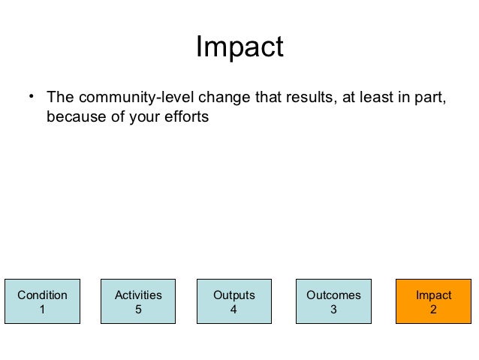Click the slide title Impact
coord(239,47)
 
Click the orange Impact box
coord(433,302)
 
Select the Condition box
coord(42,302)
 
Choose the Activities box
coord(138,302)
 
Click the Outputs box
coord(233,302)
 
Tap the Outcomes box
coord(333,302)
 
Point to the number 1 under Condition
coord(42,310)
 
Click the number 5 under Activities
coord(138,310)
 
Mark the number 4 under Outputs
coord(233,310)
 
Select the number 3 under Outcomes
coord(333,310)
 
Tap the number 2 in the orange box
coord(433,310)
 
